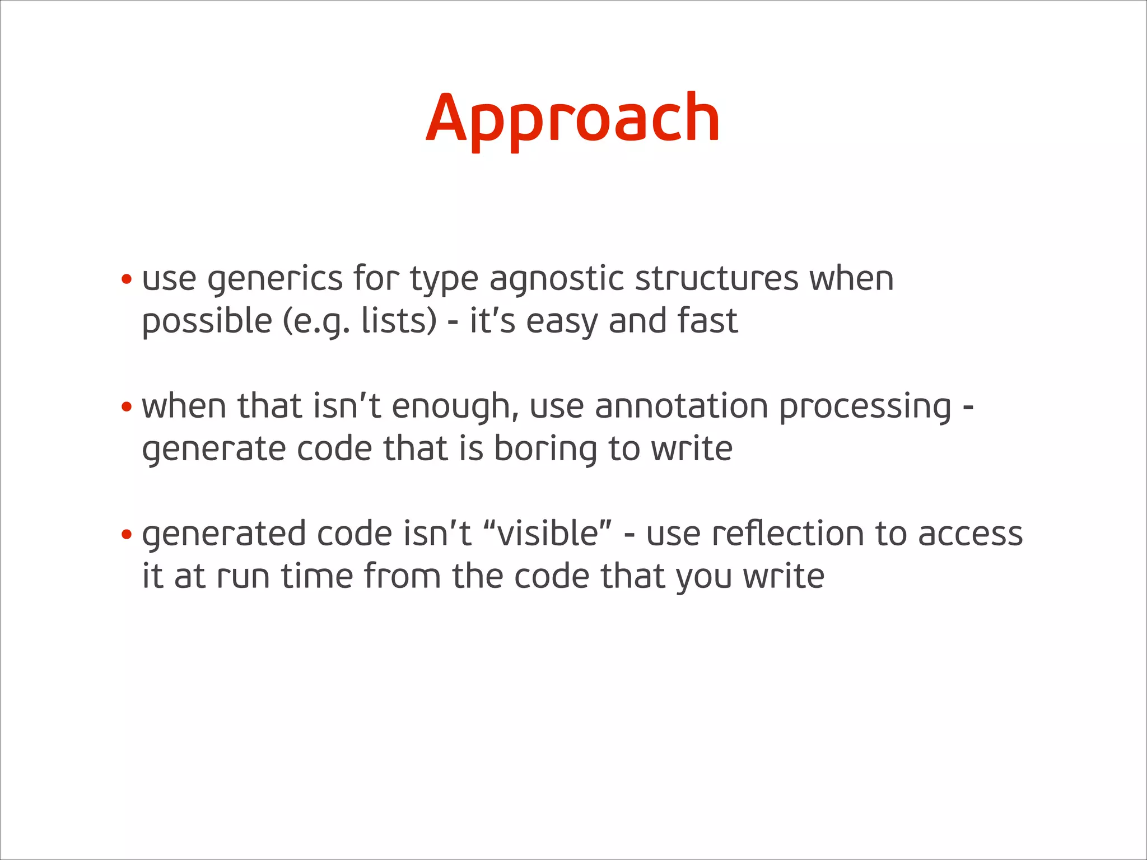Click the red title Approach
pyautogui.click(x=572, y=119)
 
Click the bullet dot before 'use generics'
pyautogui.click(x=127, y=279)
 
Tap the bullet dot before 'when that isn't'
pyautogui.click(x=127, y=406)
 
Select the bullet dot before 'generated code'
pyautogui.click(x=127, y=534)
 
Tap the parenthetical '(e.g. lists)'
pyautogui.click(x=360, y=321)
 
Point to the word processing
pyautogui.click(x=865, y=408)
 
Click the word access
pyautogui.click(x=970, y=534)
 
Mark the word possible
pyautogui.click(x=207, y=321)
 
